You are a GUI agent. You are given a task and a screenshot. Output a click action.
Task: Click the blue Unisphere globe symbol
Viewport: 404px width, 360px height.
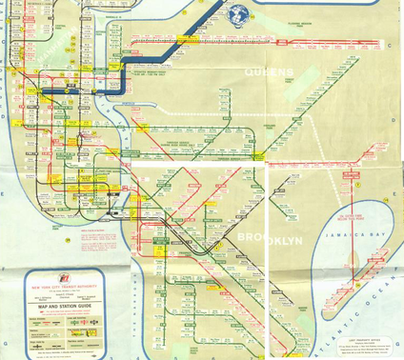[237, 13]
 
